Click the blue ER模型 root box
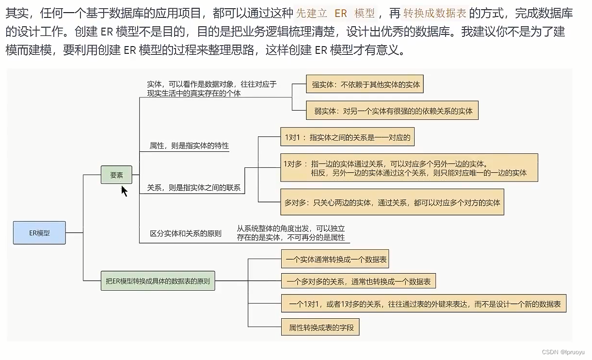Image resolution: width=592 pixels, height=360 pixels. [39, 233]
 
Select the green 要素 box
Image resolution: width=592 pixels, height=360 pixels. [116, 175]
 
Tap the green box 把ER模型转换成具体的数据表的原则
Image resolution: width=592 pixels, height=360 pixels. [158, 281]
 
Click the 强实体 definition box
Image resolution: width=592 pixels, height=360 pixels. [365, 84]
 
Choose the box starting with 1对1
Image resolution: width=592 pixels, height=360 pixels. [348, 137]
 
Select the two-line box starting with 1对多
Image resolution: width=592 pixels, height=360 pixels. [409, 168]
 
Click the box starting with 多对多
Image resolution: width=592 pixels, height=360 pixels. [392, 202]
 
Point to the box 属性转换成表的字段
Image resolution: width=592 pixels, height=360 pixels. [320, 327]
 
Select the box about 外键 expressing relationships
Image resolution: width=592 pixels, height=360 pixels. [424, 304]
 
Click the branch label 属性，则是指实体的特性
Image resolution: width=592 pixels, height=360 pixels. [189, 146]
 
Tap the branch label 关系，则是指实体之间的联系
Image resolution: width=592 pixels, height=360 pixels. [194, 188]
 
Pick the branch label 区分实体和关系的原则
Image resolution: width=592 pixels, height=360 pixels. [186, 233]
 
